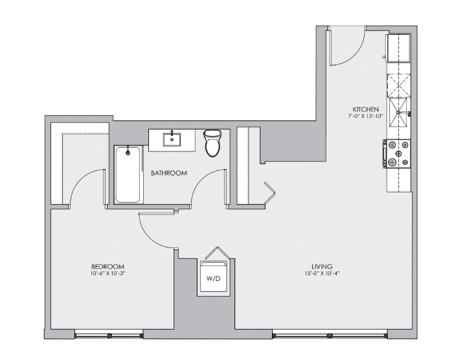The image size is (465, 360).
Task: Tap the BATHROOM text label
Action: (169, 173)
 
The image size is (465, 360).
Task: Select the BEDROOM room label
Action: (107, 266)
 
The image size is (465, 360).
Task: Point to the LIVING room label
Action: (321, 266)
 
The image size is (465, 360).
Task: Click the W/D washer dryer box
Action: (213, 278)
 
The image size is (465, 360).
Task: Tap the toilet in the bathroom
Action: (212, 144)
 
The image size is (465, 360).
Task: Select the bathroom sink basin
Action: (172, 139)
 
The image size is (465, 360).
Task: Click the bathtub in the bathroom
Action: (128, 174)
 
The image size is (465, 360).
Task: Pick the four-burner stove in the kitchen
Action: (397, 154)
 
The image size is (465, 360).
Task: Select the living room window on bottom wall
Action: (330, 334)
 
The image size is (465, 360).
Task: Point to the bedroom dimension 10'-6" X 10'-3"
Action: (107, 273)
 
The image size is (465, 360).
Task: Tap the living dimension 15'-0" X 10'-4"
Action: (321, 273)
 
